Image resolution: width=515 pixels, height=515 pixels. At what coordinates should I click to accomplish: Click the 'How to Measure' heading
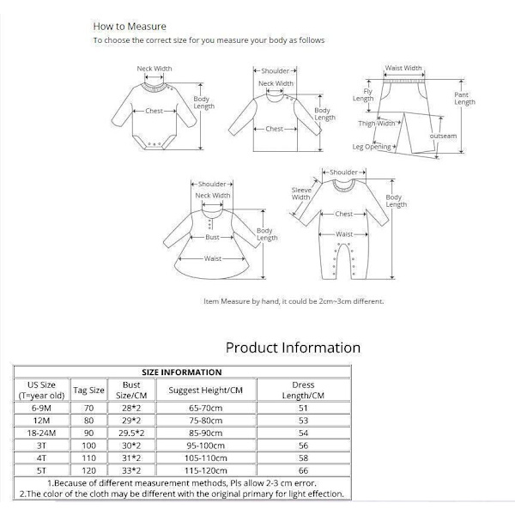130,27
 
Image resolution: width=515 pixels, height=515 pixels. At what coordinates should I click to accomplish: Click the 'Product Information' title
293,348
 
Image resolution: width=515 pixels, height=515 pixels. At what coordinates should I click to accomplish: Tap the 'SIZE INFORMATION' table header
181,372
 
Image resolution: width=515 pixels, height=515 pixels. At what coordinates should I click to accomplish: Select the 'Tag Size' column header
89,390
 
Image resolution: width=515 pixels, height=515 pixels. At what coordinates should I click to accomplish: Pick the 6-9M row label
41,409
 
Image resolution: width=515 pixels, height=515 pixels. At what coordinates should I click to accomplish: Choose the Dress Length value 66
303,470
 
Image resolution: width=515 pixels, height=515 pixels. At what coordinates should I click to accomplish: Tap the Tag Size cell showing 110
89,458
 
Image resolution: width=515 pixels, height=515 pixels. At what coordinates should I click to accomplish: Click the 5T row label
41,470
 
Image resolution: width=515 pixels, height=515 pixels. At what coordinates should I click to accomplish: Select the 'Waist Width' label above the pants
403,68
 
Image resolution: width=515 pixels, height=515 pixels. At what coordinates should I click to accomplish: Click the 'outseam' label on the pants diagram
443,136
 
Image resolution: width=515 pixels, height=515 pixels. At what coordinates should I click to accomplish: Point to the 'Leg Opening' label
372,147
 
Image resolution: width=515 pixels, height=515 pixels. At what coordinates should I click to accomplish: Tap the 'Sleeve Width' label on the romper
301,193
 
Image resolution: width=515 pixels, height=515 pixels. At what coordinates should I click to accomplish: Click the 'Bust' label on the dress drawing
212,237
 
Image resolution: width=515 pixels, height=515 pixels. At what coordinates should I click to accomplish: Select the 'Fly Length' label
364,94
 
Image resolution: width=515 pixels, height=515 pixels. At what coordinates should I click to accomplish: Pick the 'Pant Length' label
464,98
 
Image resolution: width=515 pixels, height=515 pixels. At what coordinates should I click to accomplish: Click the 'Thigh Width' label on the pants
376,124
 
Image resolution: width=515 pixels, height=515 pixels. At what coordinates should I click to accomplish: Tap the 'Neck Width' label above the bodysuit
154,69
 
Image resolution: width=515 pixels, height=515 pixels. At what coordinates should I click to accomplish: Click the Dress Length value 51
303,409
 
